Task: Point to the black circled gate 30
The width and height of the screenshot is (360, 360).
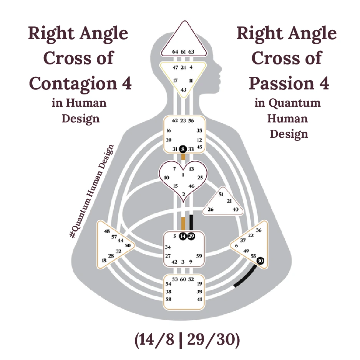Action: point(260,260)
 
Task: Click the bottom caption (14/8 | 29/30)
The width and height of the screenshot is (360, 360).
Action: point(187,341)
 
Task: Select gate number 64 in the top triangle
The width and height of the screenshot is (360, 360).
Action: point(175,51)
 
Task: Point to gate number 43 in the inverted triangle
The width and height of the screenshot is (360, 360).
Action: point(184,90)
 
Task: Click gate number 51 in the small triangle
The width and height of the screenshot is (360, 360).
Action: point(221,195)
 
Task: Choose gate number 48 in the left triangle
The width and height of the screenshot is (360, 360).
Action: point(107,231)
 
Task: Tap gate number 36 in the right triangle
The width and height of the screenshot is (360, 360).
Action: point(259,230)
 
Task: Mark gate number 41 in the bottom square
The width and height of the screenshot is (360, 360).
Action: point(199,299)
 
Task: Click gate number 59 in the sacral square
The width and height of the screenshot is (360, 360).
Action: point(199,256)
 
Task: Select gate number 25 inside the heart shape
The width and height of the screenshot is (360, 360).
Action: point(200,178)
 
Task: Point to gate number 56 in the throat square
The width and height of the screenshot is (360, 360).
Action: point(191,121)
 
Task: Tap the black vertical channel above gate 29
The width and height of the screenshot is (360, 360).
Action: point(191,223)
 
